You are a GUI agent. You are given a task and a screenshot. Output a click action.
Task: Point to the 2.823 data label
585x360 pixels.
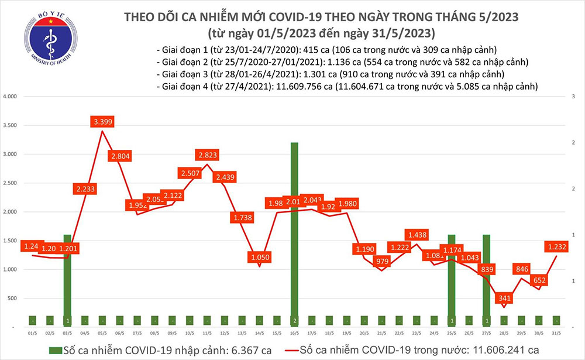pyautogui.click(x=207, y=155)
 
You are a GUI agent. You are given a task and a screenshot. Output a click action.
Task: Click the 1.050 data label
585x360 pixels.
pyautogui.click(x=259, y=258)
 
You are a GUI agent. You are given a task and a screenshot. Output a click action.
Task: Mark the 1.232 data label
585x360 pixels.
pyautogui.click(x=556, y=247)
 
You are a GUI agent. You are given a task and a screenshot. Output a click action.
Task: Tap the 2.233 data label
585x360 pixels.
pyautogui.click(x=85, y=189)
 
